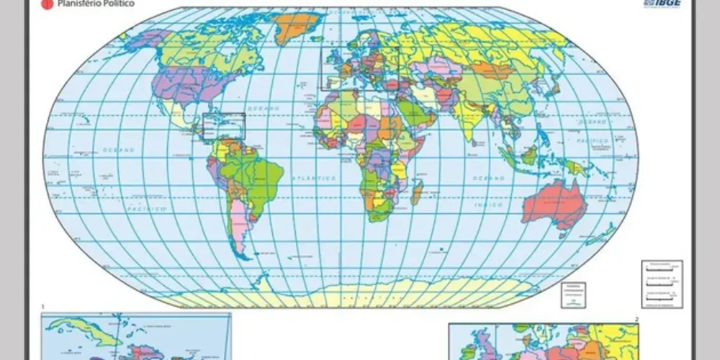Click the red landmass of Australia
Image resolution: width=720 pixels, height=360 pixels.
click(552, 205)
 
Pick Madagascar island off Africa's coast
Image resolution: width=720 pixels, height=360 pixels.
click(416, 192)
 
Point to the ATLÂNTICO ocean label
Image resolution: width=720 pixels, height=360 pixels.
click(313, 177)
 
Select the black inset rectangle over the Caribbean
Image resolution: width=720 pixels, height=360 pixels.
click(224, 125)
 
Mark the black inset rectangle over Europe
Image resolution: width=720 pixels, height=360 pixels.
click(359, 68)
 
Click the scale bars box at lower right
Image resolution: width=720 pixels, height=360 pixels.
click(661, 284)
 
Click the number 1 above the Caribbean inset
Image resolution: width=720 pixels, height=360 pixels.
click(43, 307)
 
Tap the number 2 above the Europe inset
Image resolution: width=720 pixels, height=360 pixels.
click(636, 318)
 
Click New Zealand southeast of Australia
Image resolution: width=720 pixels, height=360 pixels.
click(603, 233)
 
